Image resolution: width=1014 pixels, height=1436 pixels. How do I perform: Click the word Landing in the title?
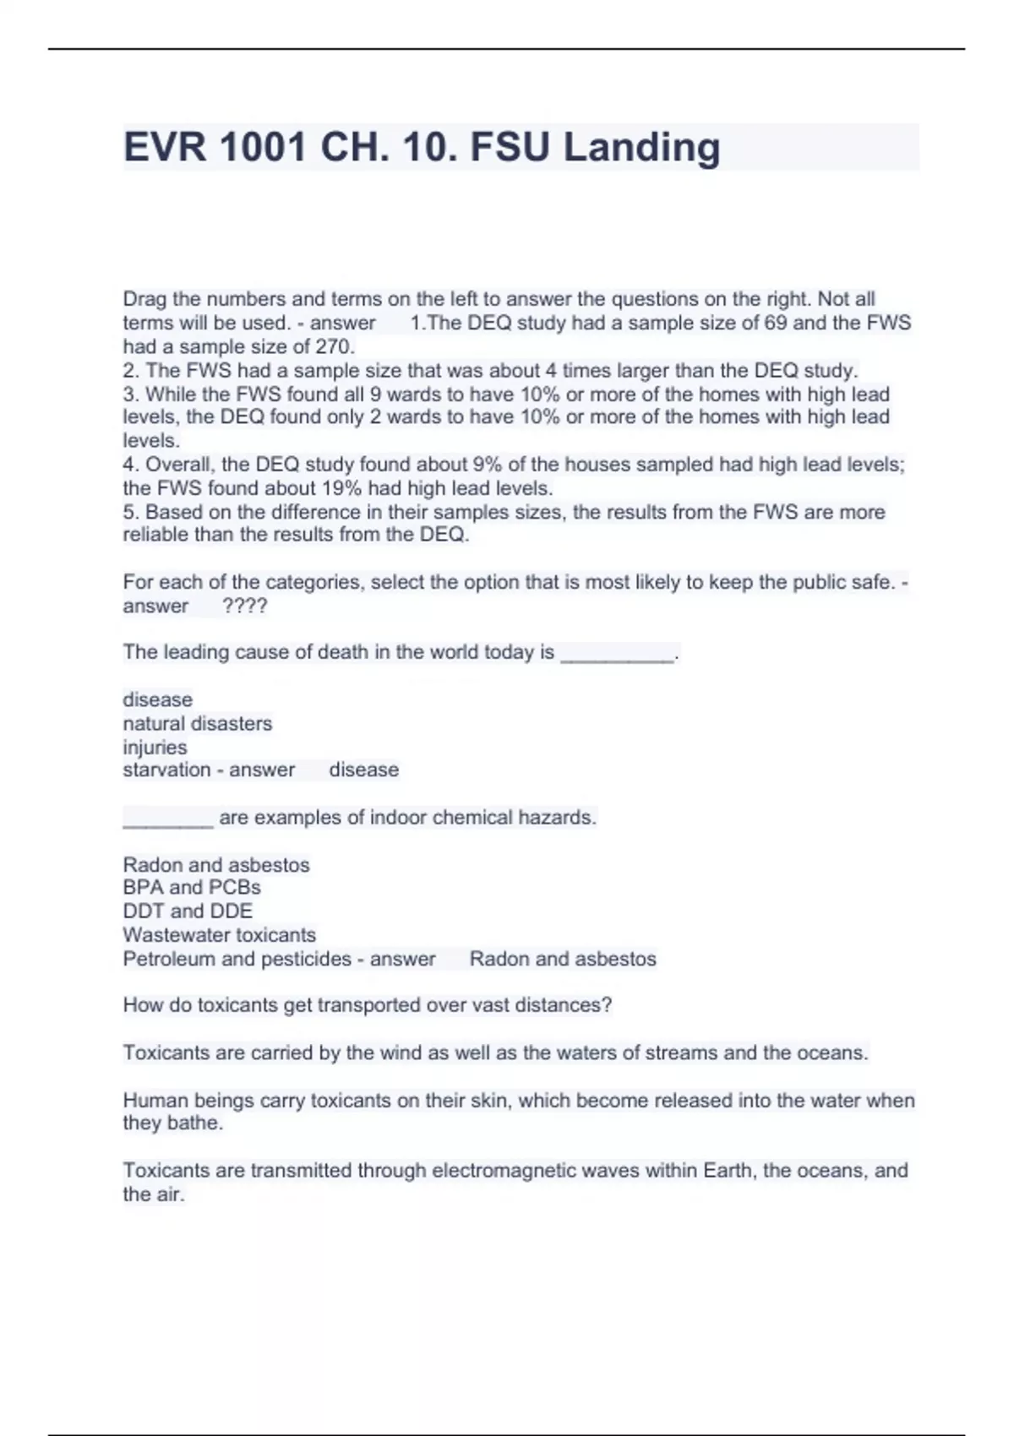[x=641, y=147]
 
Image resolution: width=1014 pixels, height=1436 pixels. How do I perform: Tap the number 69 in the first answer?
[x=775, y=323]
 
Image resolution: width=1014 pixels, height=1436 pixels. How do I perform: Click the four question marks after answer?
[x=244, y=606]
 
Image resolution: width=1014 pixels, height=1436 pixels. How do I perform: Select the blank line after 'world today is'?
[x=618, y=654]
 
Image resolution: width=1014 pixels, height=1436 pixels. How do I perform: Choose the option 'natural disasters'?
[x=197, y=723]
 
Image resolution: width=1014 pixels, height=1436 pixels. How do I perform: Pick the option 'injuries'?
[x=155, y=747]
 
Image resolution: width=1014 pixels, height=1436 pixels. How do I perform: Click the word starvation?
[x=166, y=770]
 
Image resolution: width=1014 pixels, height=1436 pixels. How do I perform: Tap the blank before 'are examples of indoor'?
[x=167, y=819]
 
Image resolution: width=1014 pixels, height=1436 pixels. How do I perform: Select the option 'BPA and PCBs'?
[x=192, y=887]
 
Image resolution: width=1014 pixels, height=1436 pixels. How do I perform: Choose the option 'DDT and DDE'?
[x=188, y=911]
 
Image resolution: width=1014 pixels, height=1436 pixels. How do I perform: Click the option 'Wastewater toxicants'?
[x=219, y=934]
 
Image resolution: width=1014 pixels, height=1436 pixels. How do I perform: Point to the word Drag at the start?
[x=144, y=299]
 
